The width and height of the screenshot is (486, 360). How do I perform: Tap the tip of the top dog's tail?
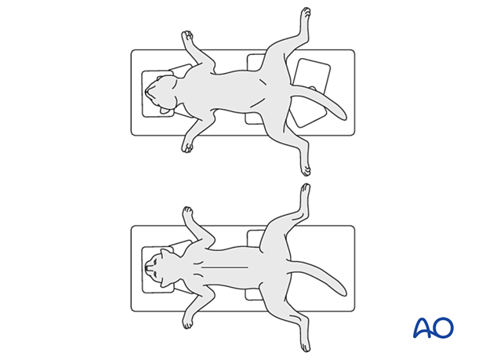click(343, 117)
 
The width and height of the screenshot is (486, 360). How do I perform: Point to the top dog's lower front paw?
click(187, 147)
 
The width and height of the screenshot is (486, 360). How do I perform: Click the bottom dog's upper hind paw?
click(306, 190)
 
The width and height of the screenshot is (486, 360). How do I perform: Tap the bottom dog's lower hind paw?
click(306, 345)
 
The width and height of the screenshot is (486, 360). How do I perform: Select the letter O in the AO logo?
click(443, 328)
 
